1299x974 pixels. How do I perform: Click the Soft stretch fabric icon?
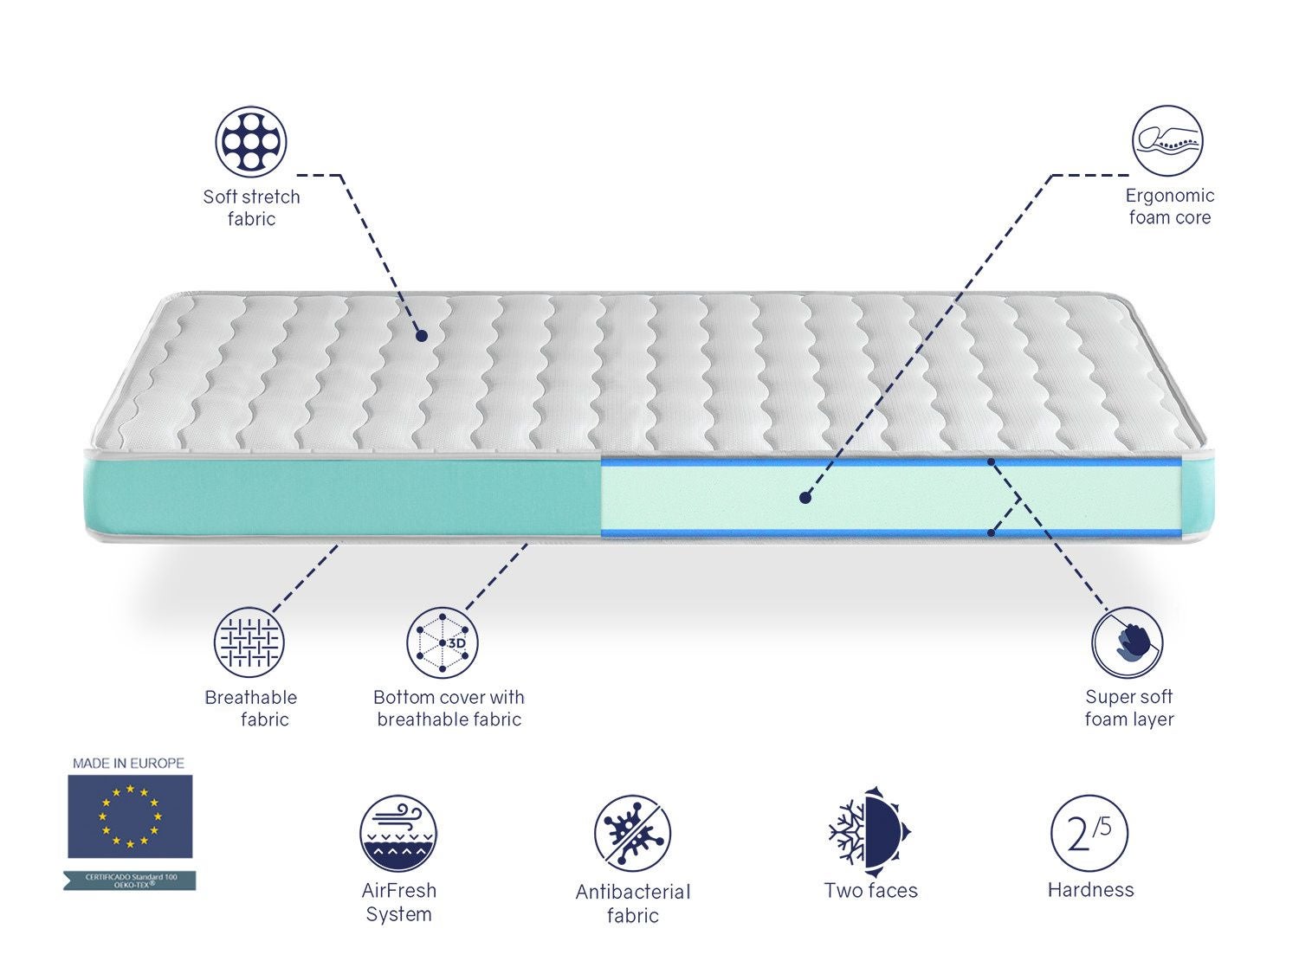click(x=251, y=141)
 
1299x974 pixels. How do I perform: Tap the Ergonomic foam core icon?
click(x=1167, y=141)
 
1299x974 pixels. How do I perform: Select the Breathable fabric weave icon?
click(x=249, y=642)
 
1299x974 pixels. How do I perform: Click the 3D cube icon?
click(x=443, y=642)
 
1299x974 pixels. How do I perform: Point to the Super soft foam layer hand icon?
click(x=1127, y=642)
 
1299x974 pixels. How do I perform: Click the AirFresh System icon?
click(x=398, y=834)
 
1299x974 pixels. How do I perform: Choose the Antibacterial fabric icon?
click(x=633, y=834)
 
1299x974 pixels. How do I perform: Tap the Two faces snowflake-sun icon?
click(x=869, y=829)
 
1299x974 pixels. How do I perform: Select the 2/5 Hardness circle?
click(x=1089, y=834)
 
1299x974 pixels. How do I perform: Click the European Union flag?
click(x=130, y=816)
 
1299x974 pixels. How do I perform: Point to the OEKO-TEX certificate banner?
click(x=130, y=880)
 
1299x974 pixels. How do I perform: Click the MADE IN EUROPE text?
click(x=128, y=763)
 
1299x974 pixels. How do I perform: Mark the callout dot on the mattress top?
click(x=421, y=335)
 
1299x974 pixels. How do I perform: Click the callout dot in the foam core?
click(x=805, y=498)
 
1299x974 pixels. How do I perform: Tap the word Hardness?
click(x=1090, y=890)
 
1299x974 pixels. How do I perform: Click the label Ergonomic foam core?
click(x=1169, y=207)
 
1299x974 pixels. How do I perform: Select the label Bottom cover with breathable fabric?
click(x=449, y=708)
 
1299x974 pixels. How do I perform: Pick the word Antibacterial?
click(x=633, y=892)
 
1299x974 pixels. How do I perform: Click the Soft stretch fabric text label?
click(x=251, y=208)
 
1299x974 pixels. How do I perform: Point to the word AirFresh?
click(x=399, y=890)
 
